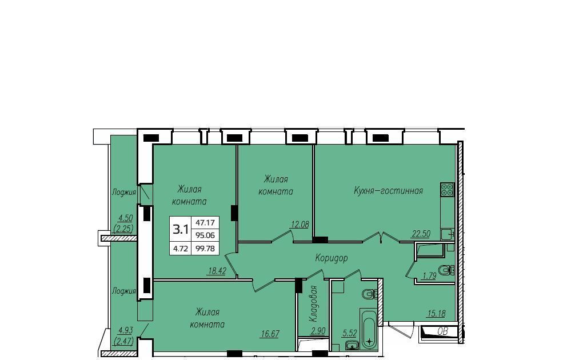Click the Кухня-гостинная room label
[388, 191]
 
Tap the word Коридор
[332, 258]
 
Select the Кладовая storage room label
[313, 304]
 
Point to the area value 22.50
[421, 234]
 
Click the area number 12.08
[300, 224]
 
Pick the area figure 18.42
[217, 271]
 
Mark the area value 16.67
[270, 334]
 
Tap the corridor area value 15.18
[436, 314]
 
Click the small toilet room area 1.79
[429, 275]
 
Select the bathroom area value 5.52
[349, 333]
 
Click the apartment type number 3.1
[180, 230]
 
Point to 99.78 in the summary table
[205, 249]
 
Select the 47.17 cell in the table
[205, 223]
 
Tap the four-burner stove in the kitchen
[448, 189]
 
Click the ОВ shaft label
[442, 331]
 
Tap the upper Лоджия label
[124, 193]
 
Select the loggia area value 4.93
[126, 330]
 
